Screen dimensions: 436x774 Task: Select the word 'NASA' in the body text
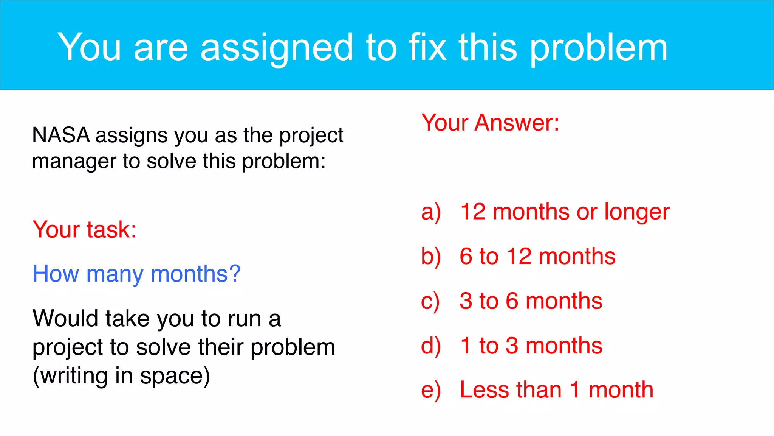pos(61,135)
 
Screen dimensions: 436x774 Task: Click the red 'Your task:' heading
pos(85,229)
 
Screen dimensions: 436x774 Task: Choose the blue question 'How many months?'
pos(136,274)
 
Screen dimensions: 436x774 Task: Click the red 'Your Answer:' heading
pos(490,123)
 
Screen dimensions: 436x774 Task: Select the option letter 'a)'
pos(431,212)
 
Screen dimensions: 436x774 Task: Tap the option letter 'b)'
pos(431,257)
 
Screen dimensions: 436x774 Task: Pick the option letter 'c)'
pos(430,302)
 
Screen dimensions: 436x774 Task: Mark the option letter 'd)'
pos(431,346)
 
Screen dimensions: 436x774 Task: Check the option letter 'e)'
pos(431,390)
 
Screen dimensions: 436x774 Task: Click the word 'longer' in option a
pos(637,212)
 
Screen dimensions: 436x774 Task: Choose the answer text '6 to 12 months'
pos(537,257)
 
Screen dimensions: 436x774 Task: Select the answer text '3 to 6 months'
pos(531,301)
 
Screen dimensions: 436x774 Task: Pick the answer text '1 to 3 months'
pos(531,346)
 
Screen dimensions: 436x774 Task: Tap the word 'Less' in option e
pos(485,390)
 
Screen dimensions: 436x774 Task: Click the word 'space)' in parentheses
pos(175,376)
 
